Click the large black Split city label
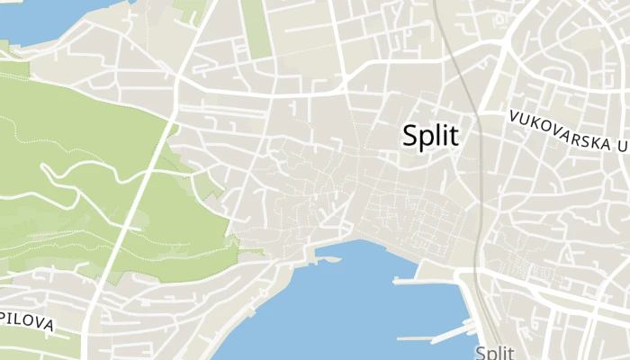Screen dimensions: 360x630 point(430,136)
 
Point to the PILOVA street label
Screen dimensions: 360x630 point(27,322)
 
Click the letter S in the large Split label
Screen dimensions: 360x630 point(411,136)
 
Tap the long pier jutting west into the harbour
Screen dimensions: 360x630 point(423,280)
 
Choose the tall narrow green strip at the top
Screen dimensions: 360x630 point(256,27)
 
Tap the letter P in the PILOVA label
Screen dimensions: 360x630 point(4,318)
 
